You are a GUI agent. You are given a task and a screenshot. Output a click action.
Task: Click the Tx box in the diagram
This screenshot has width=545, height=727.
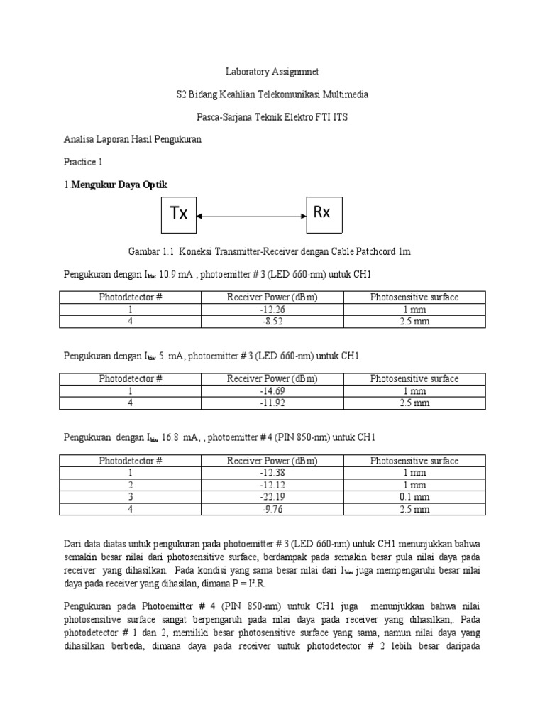click(x=180, y=214)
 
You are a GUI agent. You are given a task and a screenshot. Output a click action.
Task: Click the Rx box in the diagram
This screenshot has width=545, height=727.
click(x=323, y=213)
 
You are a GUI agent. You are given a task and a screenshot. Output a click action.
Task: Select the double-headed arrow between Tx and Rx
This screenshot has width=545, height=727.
click(x=251, y=214)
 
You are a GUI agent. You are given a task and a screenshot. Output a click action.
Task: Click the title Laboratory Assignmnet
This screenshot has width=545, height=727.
click(x=272, y=72)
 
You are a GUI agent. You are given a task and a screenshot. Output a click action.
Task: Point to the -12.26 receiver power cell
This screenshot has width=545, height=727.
click(x=272, y=310)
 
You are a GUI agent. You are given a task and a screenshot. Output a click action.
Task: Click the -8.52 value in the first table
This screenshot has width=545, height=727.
click(x=272, y=322)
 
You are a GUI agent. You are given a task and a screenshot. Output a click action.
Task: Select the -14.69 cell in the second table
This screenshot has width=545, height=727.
click(x=272, y=391)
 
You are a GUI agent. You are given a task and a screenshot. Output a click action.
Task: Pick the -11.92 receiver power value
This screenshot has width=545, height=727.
click(x=272, y=403)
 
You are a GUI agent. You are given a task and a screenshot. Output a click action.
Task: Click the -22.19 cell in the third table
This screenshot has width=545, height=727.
click(x=272, y=497)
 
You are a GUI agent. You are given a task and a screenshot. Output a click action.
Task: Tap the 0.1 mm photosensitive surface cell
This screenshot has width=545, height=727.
click(x=414, y=497)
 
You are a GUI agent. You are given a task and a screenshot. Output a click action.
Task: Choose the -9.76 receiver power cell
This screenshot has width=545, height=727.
click(x=272, y=509)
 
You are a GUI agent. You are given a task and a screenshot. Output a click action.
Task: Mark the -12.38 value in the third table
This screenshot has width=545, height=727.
click(x=272, y=473)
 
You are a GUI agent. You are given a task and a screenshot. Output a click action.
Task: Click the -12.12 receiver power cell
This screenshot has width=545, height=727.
click(x=272, y=485)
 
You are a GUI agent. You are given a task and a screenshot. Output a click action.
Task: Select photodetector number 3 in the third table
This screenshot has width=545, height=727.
click(x=131, y=497)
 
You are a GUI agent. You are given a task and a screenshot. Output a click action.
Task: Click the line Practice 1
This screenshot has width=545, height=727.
click(x=83, y=162)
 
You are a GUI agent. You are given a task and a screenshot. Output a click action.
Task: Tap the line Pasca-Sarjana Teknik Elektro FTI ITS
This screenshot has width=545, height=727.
click(x=272, y=116)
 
